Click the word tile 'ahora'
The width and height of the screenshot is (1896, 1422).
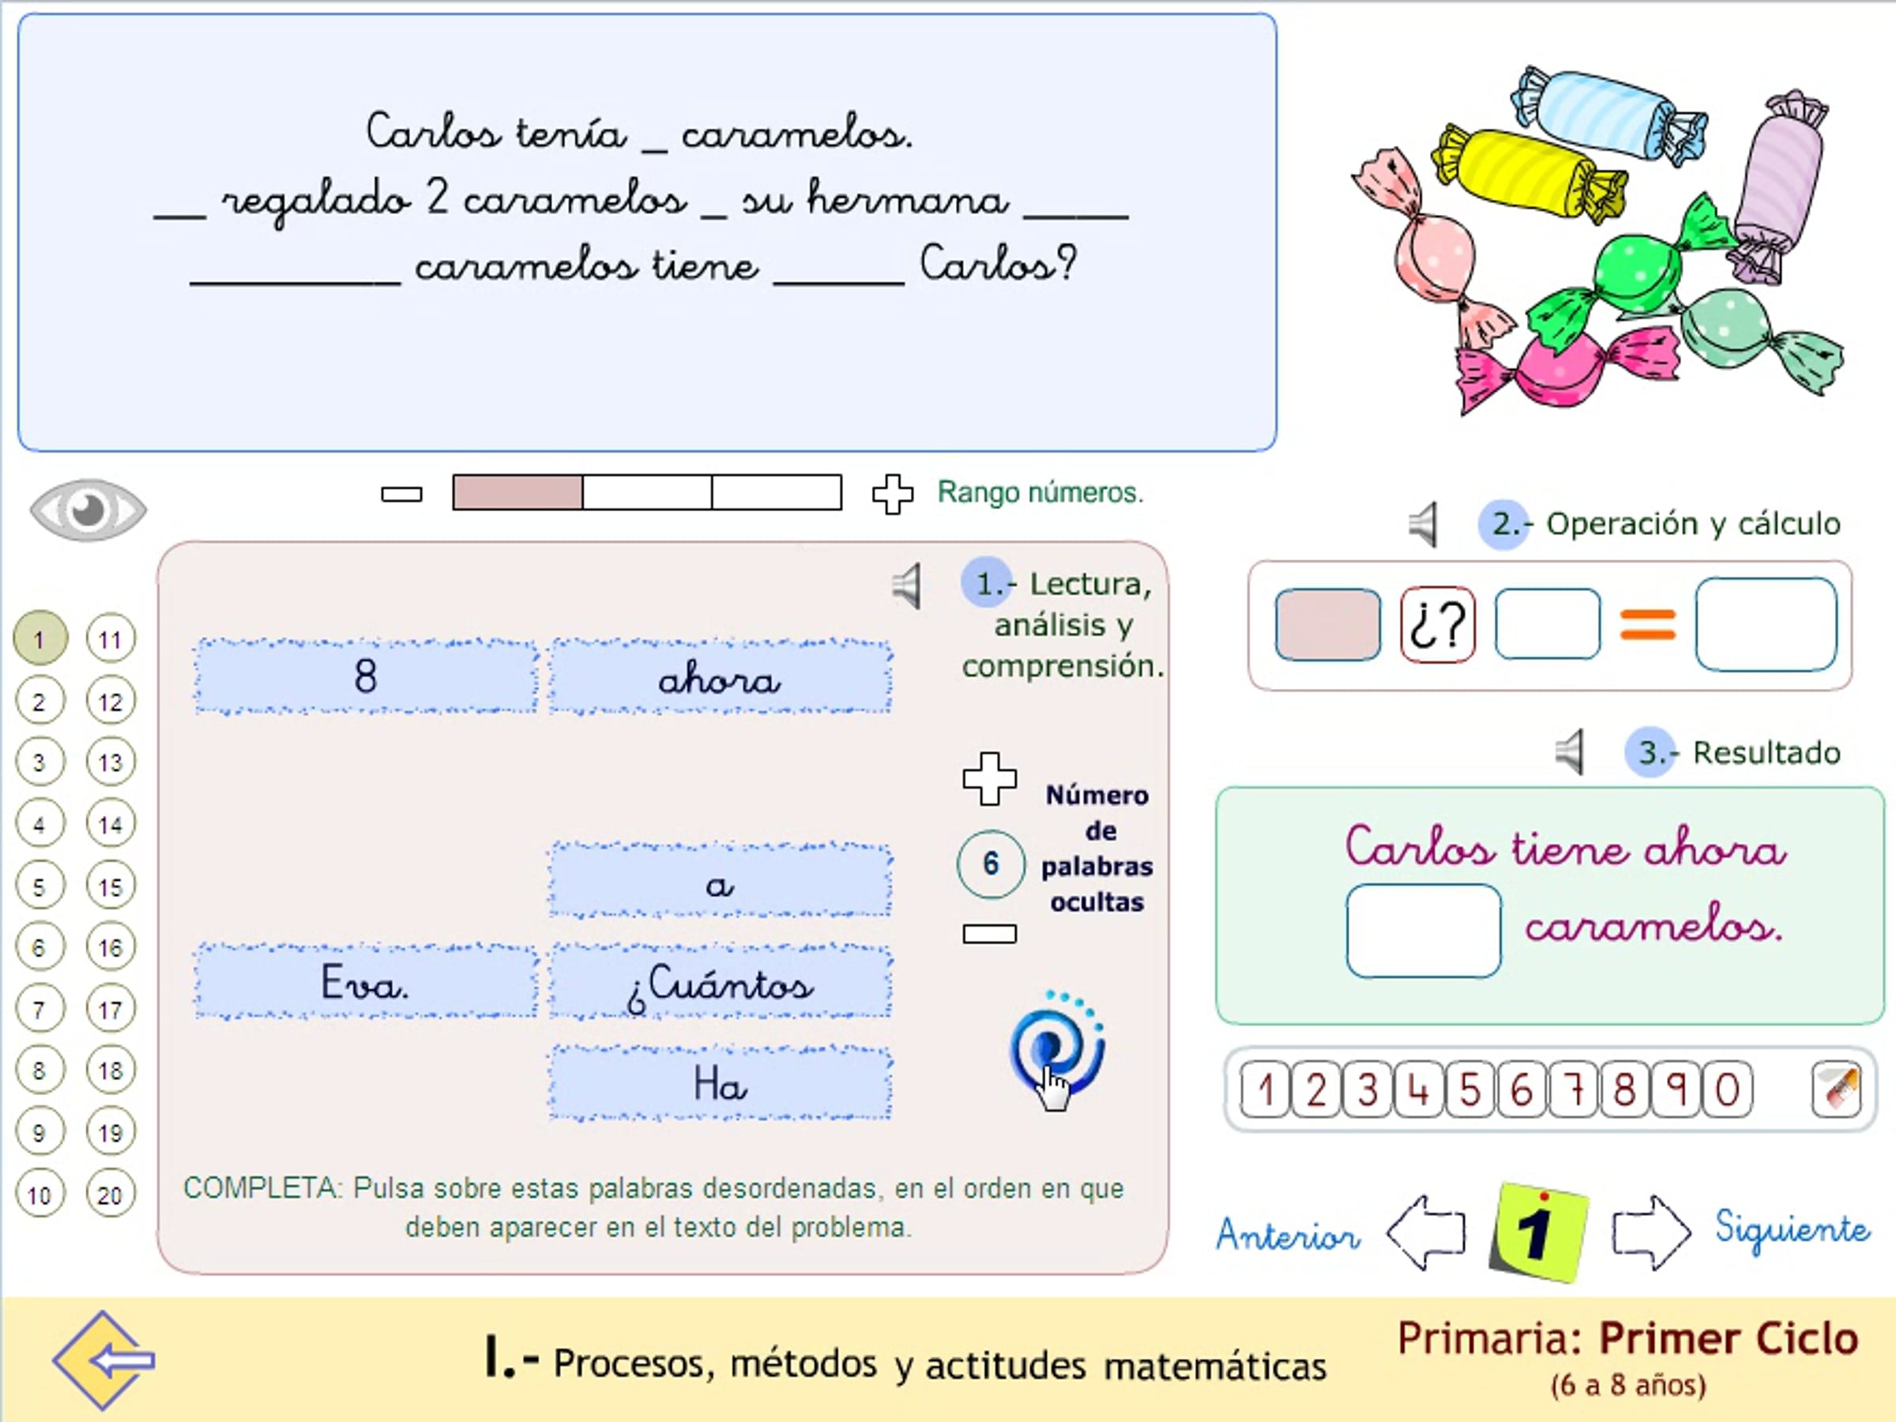(720, 676)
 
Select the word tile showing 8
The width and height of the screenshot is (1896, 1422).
(366, 676)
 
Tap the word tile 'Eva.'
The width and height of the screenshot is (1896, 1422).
(366, 981)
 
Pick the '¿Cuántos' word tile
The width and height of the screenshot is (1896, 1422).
(720, 981)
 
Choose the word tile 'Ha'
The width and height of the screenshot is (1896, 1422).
(720, 1082)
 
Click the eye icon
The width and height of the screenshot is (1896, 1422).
(88, 510)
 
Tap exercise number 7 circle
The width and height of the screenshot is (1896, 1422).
(39, 1010)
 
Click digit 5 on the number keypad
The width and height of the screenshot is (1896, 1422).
(1470, 1089)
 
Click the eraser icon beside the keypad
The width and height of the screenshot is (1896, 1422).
(1835, 1089)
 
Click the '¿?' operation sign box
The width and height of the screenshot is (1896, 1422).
(1438, 625)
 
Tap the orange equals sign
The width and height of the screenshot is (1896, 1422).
(1647, 625)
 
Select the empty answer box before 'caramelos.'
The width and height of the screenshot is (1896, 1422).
(1423, 931)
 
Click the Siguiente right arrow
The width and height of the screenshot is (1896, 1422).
(1651, 1232)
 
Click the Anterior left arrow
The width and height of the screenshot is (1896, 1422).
(1425, 1232)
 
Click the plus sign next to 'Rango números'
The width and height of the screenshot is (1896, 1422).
(892, 494)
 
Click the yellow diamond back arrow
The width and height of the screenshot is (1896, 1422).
(103, 1360)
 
